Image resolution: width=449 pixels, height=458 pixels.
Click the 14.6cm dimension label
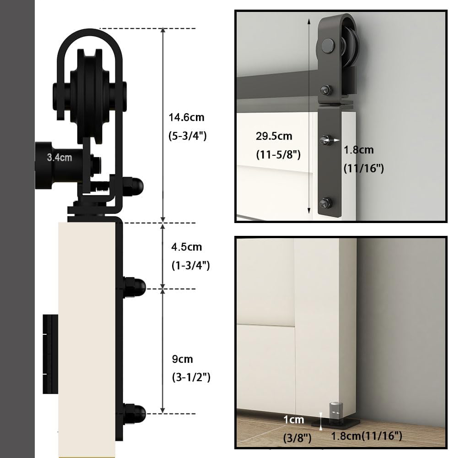pos(187,117)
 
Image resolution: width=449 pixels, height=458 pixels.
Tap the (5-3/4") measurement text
pos(187,136)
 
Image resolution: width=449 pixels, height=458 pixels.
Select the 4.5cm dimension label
pos(187,247)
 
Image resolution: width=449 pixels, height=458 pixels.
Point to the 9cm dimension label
pos(183,359)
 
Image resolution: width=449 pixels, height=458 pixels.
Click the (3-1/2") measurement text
pos(191,377)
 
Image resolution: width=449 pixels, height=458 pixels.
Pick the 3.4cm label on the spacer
pos(59,158)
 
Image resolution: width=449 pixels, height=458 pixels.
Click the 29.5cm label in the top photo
pos(274,136)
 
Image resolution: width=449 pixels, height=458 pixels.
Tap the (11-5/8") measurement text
pos(278,154)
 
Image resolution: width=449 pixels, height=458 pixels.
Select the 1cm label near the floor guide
pos(294,420)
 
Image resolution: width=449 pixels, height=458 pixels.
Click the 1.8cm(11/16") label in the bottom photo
pos(366,436)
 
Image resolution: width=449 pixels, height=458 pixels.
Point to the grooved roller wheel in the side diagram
pos(90,96)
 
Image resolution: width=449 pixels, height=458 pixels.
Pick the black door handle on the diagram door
pos(50,354)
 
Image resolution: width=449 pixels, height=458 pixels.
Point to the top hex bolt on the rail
pos(326,89)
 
